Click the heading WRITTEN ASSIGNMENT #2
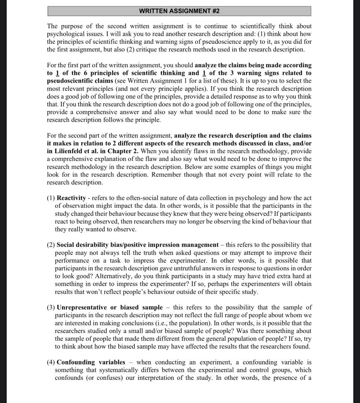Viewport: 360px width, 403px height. click(x=179, y=11)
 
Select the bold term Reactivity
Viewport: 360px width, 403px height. click(x=71, y=198)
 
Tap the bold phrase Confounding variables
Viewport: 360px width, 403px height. click(x=91, y=362)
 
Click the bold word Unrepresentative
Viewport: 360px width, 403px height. click(x=81, y=307)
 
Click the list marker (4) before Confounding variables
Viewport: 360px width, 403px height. click(x=51, y=362)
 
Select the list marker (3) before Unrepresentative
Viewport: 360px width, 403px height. click(x=51, y=307)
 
